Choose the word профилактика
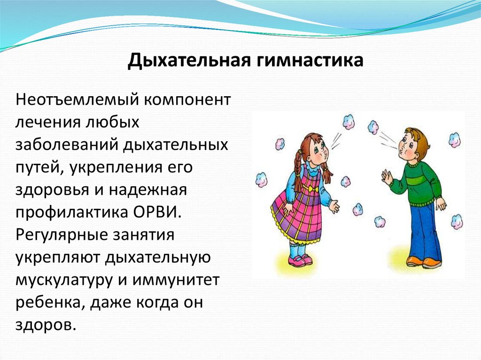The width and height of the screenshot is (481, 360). [x=70, y=212]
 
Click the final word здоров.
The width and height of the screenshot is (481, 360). [x=45, y=325]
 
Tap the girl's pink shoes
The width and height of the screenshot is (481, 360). [x=301, y=260]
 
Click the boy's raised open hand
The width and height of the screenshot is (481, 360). [x=387, y=177]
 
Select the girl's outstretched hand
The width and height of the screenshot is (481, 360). [x=334, y=206]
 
